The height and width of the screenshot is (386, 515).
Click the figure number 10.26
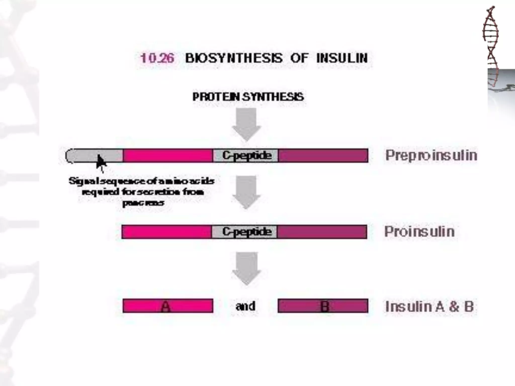(x=157, y=58)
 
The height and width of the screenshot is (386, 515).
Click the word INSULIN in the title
(x=342, y=58)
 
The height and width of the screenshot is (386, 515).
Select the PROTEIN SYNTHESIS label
(x=248, y=97)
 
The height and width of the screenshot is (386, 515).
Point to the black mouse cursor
(x=101, y=162)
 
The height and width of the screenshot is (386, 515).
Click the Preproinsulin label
(x=431, y=155)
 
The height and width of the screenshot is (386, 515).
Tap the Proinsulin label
(x=419, y=231)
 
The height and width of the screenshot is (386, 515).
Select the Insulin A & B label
(x=430, y=306)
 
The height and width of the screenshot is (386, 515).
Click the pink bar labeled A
(x=168, y=306)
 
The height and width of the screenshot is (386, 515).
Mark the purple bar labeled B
(x=323, y=306)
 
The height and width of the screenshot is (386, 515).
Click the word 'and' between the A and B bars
(x=245, y=306)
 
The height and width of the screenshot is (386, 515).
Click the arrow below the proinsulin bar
(x=246, y=268)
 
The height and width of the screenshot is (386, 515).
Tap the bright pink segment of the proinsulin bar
(x=166, y=231)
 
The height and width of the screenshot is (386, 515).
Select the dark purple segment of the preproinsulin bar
(x=323, y=156)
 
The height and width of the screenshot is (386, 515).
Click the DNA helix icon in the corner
(x=491, y=45)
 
